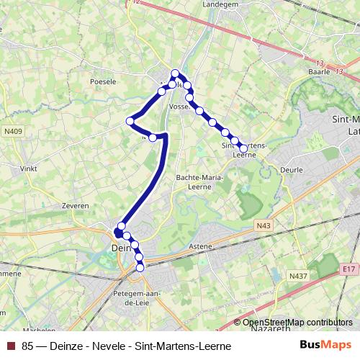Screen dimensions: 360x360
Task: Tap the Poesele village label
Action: click(x=103, y=82)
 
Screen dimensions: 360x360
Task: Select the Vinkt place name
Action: click(x=28, y=168)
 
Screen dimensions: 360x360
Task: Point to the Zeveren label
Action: click(x=76, y=205)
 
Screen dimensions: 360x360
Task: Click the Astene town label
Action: click(x=201, y=246)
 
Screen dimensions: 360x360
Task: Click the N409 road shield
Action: click(x=12, y=131)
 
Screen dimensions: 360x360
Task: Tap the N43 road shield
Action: click(x=263, y=226)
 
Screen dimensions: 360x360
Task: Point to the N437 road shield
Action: click(x=297, y=276)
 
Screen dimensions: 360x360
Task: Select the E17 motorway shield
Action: click(x=348, y=269)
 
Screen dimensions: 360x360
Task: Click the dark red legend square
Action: click(x=10, y=346)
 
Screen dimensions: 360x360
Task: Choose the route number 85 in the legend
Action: click(x=27, y=346)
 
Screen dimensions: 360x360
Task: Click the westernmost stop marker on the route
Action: click(x=130, y=121)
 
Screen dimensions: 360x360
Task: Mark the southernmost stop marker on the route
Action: click(x=140, y=268)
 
